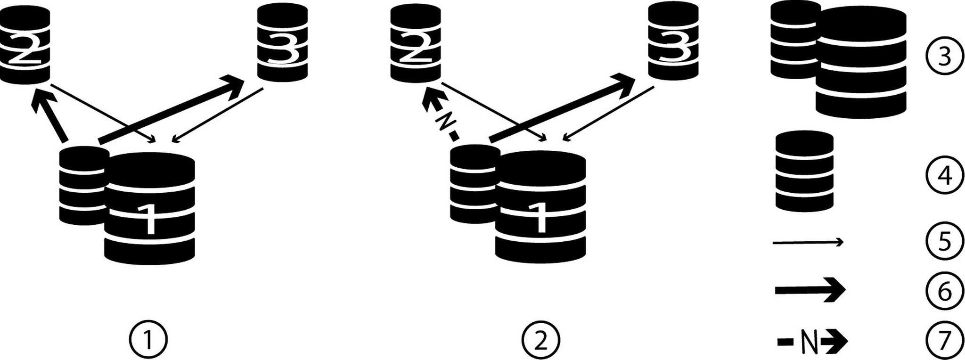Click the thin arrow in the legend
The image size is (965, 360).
[808, 243]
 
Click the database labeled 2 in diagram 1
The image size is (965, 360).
[25, 45]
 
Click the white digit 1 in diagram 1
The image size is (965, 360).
[149, 219]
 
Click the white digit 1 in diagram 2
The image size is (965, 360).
[541, 219]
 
